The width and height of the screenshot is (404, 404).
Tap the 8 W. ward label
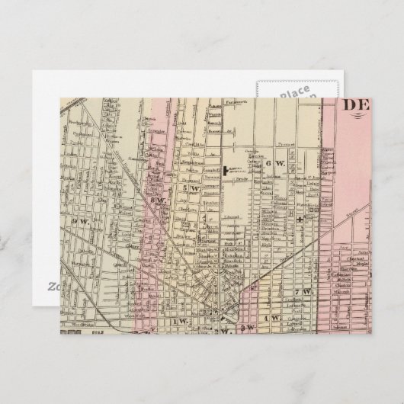pos(162,202)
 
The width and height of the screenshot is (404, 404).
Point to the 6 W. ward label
pos(274,163)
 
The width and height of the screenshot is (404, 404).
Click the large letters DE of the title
pos(354,106)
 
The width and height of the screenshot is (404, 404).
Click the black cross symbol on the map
pos(302,219)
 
